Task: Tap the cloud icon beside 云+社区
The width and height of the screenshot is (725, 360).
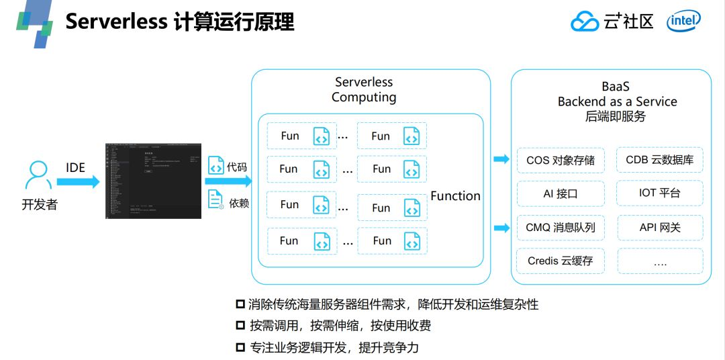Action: click(584, 22)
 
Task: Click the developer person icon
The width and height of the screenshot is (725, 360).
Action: click(38, 176)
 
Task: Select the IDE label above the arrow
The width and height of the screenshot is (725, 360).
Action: click(75, 167)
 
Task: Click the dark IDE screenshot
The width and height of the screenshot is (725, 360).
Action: click(154, 181)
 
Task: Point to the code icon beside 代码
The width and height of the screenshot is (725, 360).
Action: click(215, 165)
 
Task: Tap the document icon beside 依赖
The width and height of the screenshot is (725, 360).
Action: click(215, 199)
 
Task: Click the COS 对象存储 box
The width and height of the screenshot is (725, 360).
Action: click(560, 161)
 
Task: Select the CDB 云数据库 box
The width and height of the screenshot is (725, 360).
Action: click(659, 160)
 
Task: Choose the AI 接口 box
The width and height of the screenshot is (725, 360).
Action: click(560, 193)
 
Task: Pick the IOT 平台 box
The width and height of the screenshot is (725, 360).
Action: click(659, 193)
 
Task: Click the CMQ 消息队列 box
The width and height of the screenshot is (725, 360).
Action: click(560, 228)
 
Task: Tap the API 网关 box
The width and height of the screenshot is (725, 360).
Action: click(659, 228)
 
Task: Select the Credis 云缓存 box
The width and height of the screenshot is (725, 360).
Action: click(560, 261)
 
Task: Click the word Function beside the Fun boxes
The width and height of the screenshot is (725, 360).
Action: click(455, 196)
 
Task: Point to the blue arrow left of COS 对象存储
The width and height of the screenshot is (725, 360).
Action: click(501, 159)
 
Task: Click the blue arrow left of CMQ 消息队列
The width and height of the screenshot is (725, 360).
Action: click(501, 228)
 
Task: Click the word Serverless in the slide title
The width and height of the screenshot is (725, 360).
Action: click(115, 21)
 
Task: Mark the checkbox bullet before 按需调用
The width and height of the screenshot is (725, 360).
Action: click(240, 326)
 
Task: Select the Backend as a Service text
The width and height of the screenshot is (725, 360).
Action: click(617, 101)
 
